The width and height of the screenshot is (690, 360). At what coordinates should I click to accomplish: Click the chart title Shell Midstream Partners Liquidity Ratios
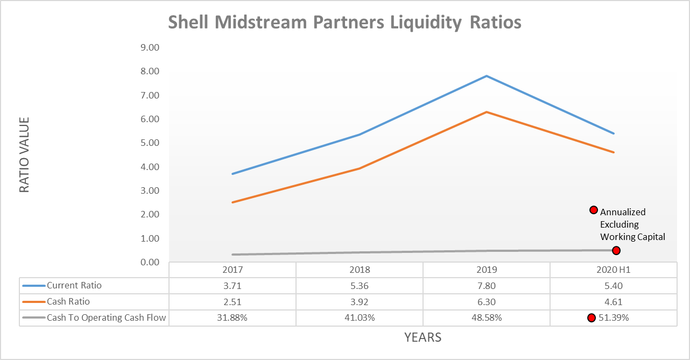coord(344,23)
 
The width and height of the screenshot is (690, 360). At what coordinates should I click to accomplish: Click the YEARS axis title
coord(423,337)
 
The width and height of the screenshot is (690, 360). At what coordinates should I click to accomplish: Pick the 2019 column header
coord(486,270)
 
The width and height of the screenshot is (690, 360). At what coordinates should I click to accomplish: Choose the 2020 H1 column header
coord(613,270)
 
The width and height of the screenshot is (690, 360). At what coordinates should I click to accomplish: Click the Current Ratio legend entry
coord(74,286)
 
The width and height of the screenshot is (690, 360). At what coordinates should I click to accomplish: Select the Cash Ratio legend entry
coord(68,302)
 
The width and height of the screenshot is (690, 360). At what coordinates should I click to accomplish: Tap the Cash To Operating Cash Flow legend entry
coord(107,317)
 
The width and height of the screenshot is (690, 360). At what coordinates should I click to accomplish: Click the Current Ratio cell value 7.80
coord(486,286)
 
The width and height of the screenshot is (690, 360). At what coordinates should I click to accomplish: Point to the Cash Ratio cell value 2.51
coord(233,302)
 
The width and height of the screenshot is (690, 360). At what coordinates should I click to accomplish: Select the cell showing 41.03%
coord(360,317)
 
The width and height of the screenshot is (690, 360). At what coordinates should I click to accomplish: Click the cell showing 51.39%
coord(614,317)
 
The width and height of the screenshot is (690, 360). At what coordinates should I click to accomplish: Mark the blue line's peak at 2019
coord(487,76)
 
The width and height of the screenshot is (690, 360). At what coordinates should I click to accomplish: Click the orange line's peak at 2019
coord(487,112)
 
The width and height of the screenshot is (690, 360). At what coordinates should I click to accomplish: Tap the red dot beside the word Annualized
coord(594,210)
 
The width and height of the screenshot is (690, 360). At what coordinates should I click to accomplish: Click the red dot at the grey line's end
coord(616,250)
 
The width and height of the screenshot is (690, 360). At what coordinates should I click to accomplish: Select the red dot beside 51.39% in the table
coord(591,317)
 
